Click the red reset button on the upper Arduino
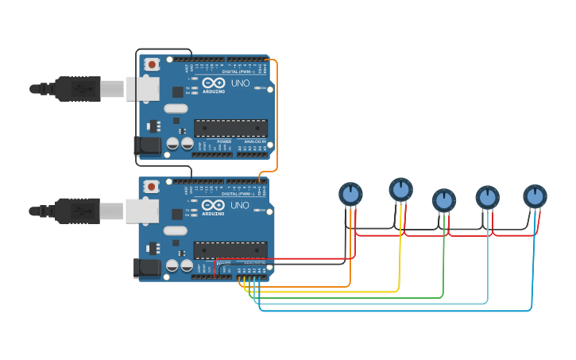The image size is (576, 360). pos(152,64)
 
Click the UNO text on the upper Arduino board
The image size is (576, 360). pos(240,83)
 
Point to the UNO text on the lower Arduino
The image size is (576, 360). pos(240,205)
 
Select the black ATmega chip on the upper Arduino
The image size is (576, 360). pos(230,127)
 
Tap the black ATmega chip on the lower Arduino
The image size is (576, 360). pos(230,250)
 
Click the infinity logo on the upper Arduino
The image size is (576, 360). pos(214,82)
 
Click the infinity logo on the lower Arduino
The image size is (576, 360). pos(214,204)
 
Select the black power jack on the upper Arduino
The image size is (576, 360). pos(148,145)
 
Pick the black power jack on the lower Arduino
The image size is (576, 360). pos(148,268)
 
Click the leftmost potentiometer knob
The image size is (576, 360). pos(350,193)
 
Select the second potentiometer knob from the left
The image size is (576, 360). pos(401,189)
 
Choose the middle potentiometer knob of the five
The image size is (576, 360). pos(444,200)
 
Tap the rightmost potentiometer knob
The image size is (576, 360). pos(535,195)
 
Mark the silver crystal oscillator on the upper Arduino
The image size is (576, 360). pos(176,108)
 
